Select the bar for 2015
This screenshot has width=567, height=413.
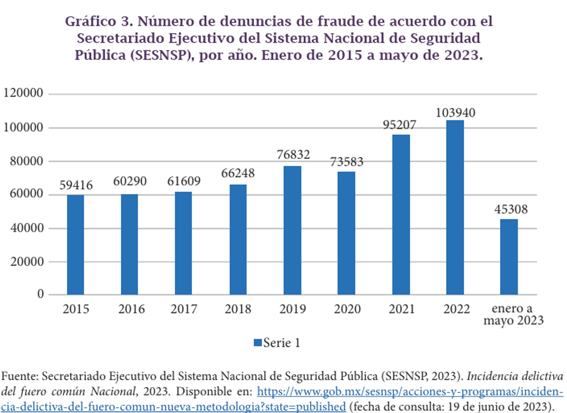75,245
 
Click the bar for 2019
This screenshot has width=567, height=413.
292,230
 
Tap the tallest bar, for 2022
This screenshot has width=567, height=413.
455,207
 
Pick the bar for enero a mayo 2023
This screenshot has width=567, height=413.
509,257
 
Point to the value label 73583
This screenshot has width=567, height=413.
346,162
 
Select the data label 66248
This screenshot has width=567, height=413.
238,173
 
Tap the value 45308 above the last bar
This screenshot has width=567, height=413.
511,210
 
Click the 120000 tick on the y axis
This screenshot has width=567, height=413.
23,93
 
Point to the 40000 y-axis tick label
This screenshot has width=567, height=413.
27,228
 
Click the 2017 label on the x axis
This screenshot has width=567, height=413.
184,309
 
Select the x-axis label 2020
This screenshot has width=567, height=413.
347,309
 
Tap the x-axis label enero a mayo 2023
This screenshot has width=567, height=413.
513,314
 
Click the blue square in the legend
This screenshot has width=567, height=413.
258,343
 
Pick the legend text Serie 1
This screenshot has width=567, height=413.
282,343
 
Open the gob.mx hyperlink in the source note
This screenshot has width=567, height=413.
410,392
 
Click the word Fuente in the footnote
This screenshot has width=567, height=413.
20,376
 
